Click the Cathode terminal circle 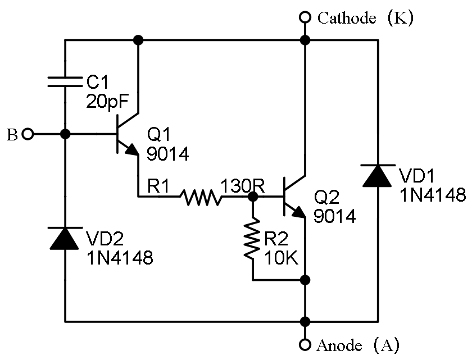coord(305,17)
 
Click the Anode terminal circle coord(305,344)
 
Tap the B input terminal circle coord(28,134)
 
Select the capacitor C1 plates coord(65,82)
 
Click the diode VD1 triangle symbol coord(378,176)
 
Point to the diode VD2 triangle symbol coord(65,238)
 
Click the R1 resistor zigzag coord(201,197)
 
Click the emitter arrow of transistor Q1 coord(131,149)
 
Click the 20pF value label coord(107,101)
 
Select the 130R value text coord(243,185)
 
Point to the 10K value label coord(282,258)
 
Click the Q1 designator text coord(158,134)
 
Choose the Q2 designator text coord(326,197)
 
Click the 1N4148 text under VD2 coord(120,258)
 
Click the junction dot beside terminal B coord(65,134)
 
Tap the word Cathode coord(347,18)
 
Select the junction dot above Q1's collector coord(138,40)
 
